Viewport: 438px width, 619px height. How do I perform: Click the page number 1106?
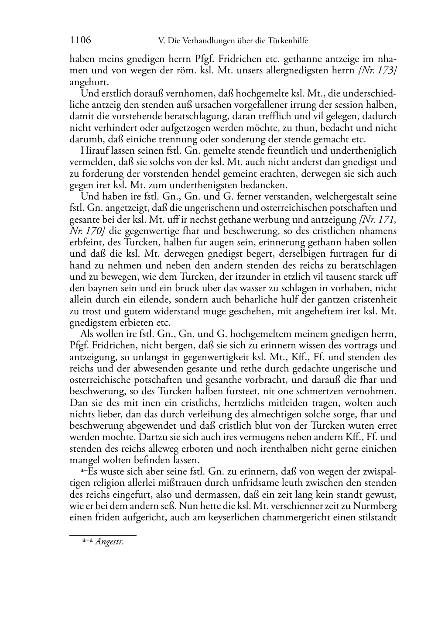coord(80,41)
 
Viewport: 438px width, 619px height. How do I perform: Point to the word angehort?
coord(89,82)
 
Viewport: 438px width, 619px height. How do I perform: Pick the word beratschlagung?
coord(191,117)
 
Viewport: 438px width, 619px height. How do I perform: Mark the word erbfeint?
coord(85,242)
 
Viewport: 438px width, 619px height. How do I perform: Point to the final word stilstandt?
coord(375,518)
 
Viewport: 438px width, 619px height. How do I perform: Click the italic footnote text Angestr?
coord(109,543)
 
